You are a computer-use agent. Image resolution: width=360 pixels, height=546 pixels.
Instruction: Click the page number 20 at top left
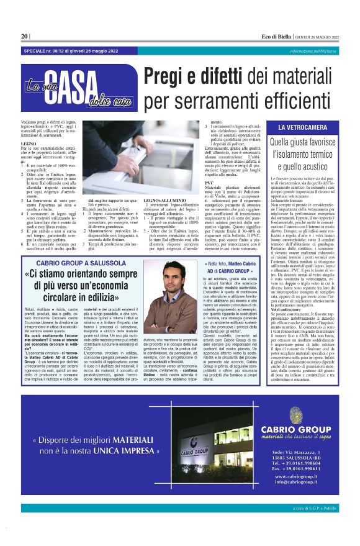(x=25, y=36)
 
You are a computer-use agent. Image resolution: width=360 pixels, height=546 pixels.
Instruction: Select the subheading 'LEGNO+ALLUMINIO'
(x=163, y=217)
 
